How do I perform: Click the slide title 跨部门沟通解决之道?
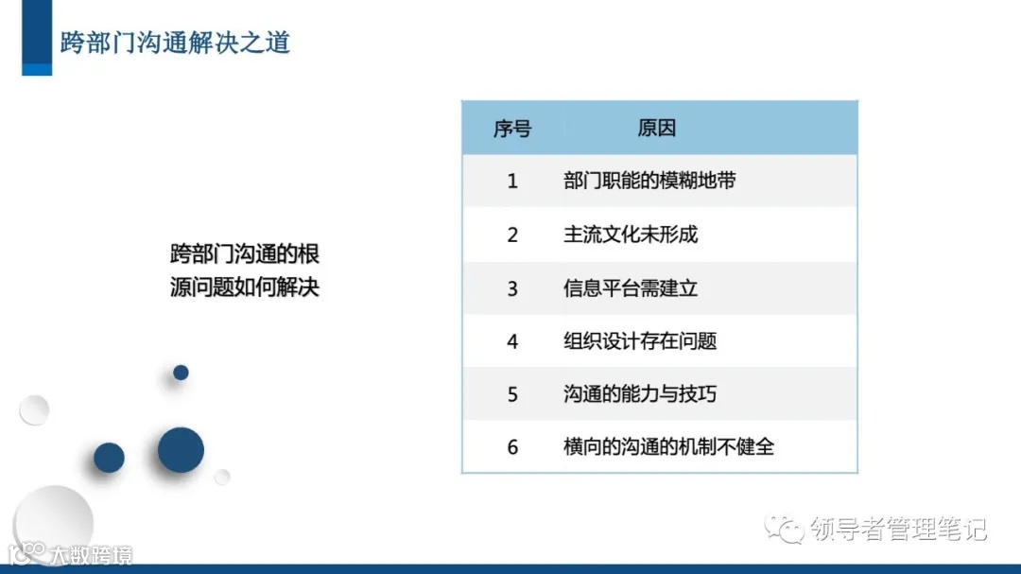[175, 43]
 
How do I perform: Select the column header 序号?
[512, 129]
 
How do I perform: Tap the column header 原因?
[656, 129]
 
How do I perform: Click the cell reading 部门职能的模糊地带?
[649, 181]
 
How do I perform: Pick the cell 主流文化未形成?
[630, 234]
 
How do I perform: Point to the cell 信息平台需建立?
[630, 287]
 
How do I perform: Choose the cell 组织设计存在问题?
[640, 340]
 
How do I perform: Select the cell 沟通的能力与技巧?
[640, 393]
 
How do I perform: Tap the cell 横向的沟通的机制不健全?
[668, 446]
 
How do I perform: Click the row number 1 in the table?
[512, 181]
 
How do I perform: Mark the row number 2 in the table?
[512, 235]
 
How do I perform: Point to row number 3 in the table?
[512, 288]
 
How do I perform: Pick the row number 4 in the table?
[512, 341]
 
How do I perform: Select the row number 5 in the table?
[512, 394]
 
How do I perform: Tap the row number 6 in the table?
[512, 447]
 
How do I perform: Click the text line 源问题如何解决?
[245, 287]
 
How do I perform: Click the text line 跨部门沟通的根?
[245, 253]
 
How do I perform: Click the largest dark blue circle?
[181, 450]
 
